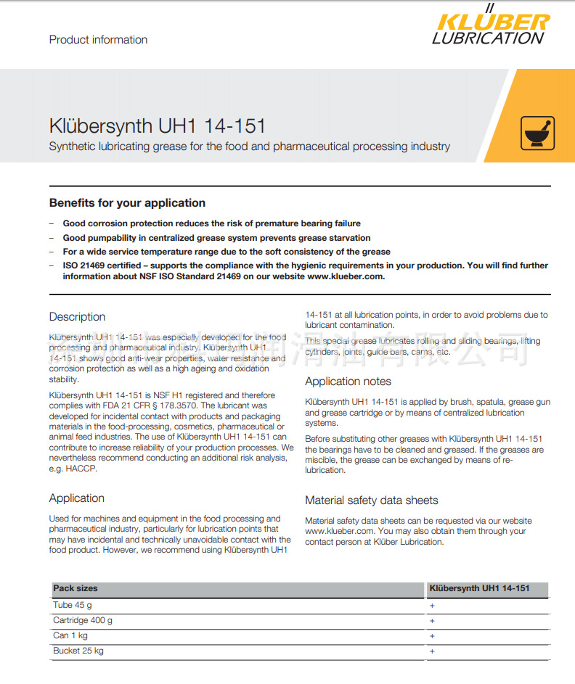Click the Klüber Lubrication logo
pos(490,28)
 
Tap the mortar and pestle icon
pos(538,133)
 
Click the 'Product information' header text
pos(98,40)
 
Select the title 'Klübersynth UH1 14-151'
pos(157,125)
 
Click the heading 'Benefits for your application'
pos(127,203)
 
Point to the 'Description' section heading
pos(77,317)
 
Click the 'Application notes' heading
pos(348,382)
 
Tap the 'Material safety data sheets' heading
pos(372,500)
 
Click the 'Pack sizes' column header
pos(75,588)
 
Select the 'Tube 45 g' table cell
pos(73,605)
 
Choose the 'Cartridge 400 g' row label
pos(83,620)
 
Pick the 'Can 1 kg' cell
pos(70,636)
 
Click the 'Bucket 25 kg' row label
pos(78,651)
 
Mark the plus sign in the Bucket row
pos(432,651)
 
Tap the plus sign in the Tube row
pos(432,605)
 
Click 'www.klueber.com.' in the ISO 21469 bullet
pos(346,276)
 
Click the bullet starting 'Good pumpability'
pos(216,238)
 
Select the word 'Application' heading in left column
pos(77,498)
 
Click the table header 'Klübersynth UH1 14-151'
pos(479,588)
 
